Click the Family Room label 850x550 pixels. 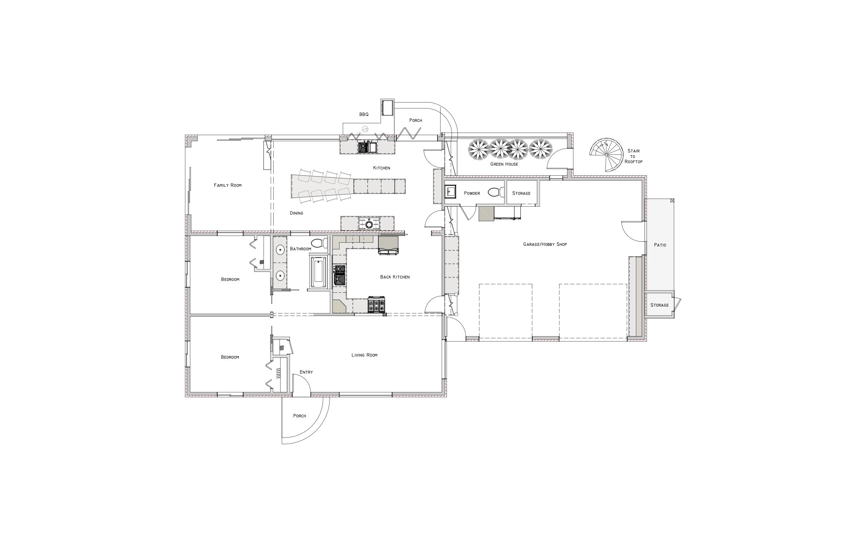pos(227,185)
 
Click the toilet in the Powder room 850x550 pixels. pos(494,192)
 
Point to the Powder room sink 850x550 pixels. pos(450,192)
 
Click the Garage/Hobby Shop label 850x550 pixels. pos(545,244)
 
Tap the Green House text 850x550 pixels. pos(504,164)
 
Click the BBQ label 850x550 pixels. pos(364,114)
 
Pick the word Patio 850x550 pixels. pos(660,245)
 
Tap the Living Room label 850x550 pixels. pos(364,355)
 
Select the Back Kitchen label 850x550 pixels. pos(395,277)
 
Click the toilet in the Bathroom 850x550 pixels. pos(319,243)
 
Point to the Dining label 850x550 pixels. pos(296,213)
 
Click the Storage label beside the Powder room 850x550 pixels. pos(521,193)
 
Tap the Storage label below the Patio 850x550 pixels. pos(659,305)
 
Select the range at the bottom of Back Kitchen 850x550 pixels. pos(376,305)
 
